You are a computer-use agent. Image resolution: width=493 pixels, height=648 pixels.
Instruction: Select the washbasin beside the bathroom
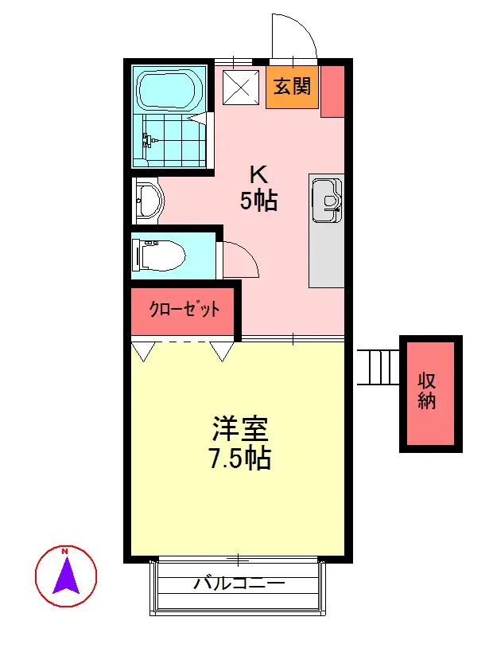point(149,201)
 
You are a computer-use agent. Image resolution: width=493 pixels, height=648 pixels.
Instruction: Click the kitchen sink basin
point(327,200)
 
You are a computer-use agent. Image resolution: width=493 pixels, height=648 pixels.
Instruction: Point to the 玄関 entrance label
point(293,86)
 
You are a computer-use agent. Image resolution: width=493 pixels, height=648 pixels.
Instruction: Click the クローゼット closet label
point(184,309)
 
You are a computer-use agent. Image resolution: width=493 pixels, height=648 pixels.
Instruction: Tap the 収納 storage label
point(427,391)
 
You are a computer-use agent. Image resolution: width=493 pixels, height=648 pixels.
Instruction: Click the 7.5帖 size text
point(240,459)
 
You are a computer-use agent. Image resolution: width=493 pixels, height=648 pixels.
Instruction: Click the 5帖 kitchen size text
point(259,201)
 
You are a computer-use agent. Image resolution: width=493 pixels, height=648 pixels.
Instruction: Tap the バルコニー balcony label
point(239,584)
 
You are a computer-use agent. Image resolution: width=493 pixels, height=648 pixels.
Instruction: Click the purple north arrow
point(66,576)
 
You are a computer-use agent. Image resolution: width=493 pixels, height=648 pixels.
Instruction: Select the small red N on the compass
point(64,551)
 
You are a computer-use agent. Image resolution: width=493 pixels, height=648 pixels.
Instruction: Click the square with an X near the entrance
point(242,88)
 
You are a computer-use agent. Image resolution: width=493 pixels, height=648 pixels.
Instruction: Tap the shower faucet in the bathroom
point(149,141)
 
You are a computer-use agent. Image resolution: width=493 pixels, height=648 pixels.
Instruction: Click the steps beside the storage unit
point(378,368)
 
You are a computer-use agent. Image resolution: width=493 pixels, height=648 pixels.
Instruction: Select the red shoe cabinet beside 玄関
point(332,92)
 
